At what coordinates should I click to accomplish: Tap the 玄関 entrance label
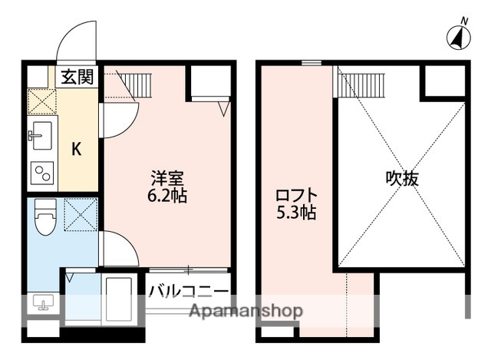[77, 76]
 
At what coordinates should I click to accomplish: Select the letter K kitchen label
[77, 149]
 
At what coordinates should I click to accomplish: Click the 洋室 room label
[166, 178]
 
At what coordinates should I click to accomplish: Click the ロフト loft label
[295, 195]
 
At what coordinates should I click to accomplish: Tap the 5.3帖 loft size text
[295, 213]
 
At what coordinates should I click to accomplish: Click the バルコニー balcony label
[188, 292]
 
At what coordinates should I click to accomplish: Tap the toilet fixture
[44, 217]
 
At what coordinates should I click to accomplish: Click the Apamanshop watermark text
[245, 312]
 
